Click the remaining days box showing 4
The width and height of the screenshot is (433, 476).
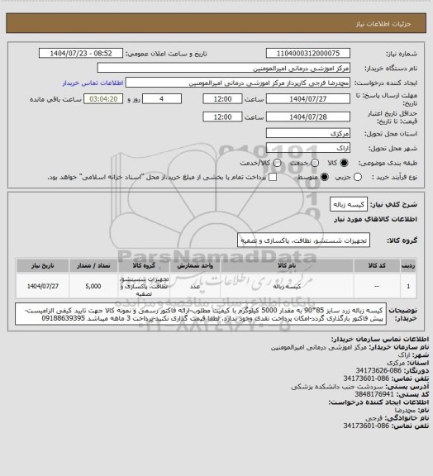coord(173,98)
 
